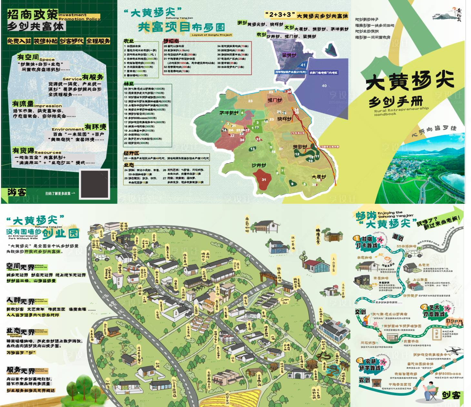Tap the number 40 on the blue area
324,86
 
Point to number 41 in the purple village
303,65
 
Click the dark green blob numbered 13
252,149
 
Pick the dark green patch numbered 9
293,184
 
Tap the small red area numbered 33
258,139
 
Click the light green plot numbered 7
282,171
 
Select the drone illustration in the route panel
451,350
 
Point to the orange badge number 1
356,238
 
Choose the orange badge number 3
360,360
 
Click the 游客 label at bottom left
17,193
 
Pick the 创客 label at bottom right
451,395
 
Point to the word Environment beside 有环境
68,129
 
